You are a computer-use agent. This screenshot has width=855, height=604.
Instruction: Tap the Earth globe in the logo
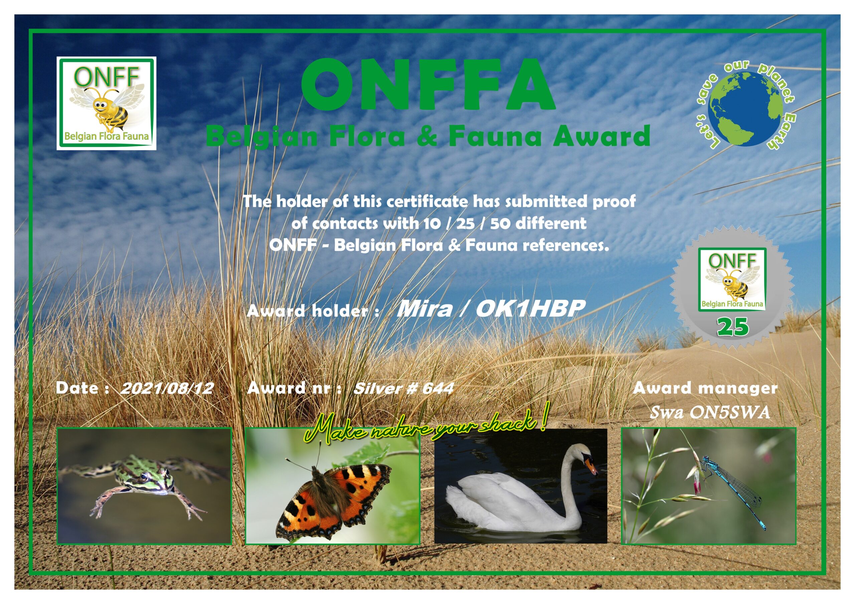(x=745, y=109)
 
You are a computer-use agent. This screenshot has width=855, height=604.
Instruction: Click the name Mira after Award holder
(x=424, y=309)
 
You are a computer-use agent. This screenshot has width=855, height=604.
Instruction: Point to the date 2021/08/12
(x=167, y=388)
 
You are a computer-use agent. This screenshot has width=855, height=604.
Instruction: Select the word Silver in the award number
(x=377, y=388)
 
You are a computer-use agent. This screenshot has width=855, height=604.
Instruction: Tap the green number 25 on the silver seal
(x=732, y=327)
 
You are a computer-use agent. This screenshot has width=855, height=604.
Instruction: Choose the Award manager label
(x=705, y=388)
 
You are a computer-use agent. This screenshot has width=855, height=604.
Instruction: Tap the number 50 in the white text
(x=501, y=224)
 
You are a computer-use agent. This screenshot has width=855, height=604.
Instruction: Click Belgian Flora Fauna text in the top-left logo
(x=107, y=136)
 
